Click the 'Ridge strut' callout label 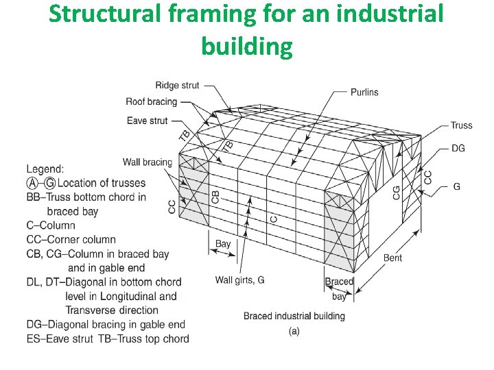177,86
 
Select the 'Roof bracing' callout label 151,102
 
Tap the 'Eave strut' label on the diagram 148,121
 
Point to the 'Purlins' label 364,92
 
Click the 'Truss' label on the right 461,125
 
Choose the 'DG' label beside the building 458,149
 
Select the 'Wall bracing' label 148,162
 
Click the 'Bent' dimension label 392,258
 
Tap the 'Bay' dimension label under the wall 223,244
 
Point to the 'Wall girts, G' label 239,280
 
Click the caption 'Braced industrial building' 294,316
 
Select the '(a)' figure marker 294,331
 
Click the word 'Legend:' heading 45,169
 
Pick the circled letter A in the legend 32,183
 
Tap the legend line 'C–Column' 51,225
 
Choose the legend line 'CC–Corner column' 71,240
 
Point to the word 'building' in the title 247,46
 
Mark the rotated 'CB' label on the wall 215,197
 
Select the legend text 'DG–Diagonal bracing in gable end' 106,325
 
